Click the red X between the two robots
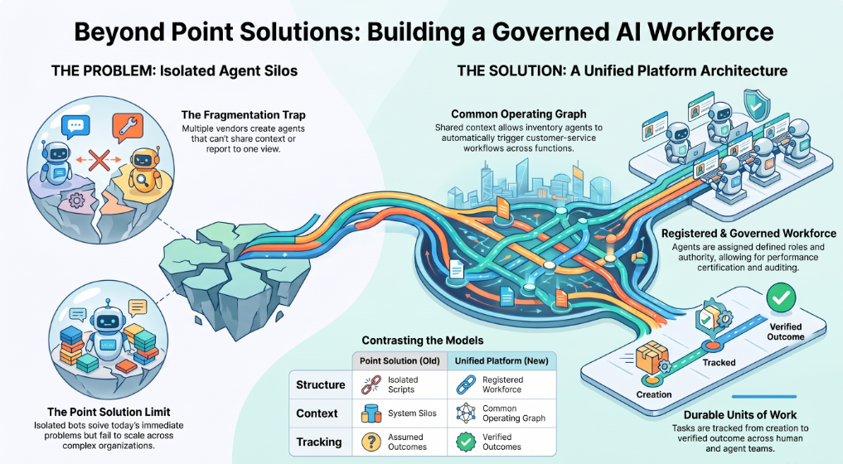[99, 160]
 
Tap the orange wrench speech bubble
[128, 127]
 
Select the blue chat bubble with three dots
[75, 127]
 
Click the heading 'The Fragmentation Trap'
[243, 115]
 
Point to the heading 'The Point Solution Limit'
[109, 412]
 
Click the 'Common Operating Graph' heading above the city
[519, 114]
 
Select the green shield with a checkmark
[756, 105]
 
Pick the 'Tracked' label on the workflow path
[719, 362]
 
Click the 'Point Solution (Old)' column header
[400, 360]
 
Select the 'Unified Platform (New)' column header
[501, 360]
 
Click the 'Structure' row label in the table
[321, 384]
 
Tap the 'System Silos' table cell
[412, 413]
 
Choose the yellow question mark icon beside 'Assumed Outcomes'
[371, 442]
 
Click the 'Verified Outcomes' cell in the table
[501, 442]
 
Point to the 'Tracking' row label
[319, 442]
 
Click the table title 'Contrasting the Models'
[423, 341]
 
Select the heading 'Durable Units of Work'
[740, 415]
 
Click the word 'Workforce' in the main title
[710, 31]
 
